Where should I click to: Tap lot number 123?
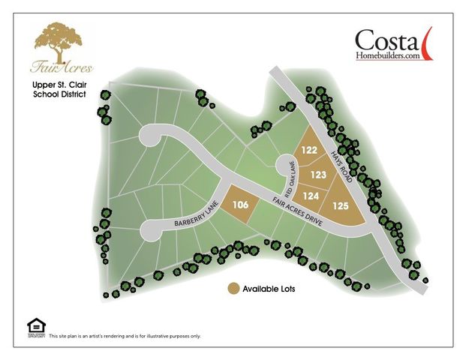[318, 175]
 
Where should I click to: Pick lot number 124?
[311, 196]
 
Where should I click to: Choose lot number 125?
[341, 205]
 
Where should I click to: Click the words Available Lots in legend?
[268, 289]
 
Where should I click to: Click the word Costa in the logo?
[384, 40]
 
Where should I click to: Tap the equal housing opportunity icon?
[36, 325]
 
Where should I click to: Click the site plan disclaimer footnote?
[125, 336]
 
